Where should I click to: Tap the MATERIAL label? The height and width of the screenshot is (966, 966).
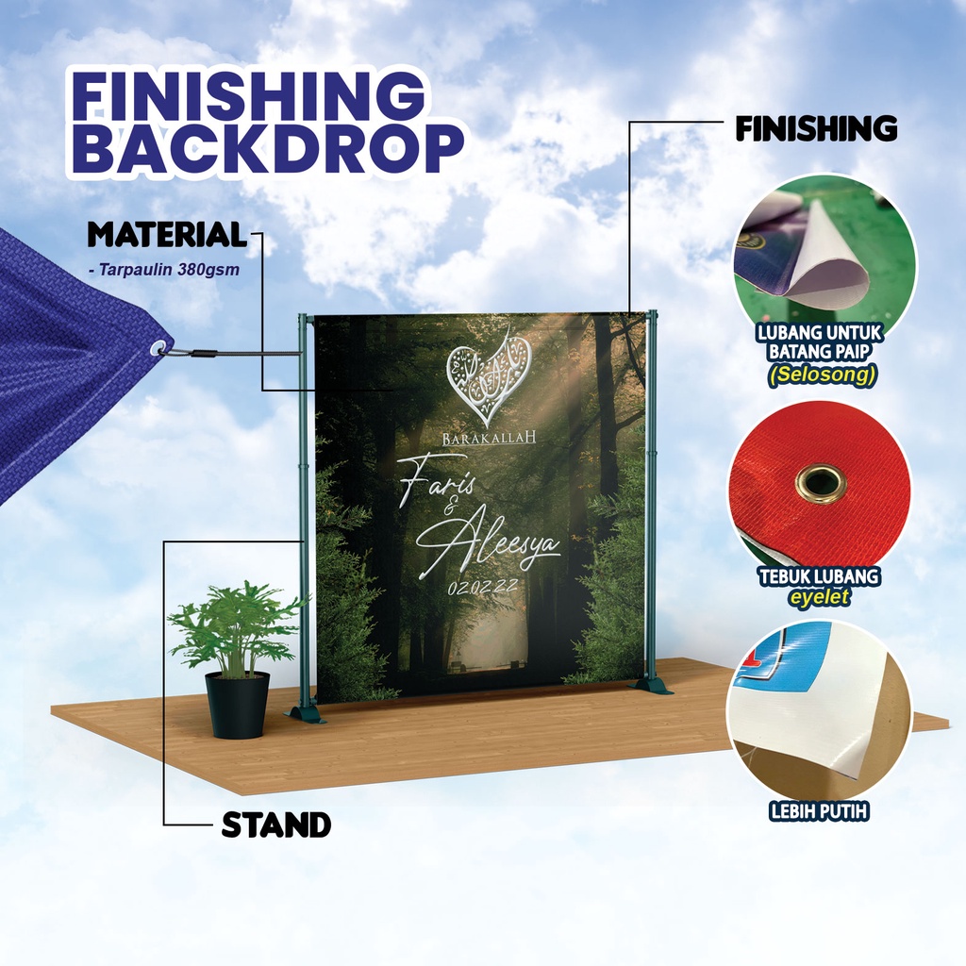click(167, 235)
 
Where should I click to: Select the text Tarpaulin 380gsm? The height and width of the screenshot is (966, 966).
click(169, 270)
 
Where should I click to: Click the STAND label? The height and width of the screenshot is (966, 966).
click(276, 824)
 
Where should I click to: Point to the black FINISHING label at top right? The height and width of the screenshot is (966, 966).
click(816, 129)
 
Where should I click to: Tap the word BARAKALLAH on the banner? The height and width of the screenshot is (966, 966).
click(490, 438)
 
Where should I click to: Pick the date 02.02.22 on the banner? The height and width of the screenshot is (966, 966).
click(482, 587)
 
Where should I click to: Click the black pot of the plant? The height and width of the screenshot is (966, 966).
click(237, 704)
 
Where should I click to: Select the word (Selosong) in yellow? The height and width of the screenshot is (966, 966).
click(822, 375)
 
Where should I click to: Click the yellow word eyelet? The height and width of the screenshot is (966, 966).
click(820, 596)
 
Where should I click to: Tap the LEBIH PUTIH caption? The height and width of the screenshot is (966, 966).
click(819, 811)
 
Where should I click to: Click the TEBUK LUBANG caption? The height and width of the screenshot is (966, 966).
click(819, 576)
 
